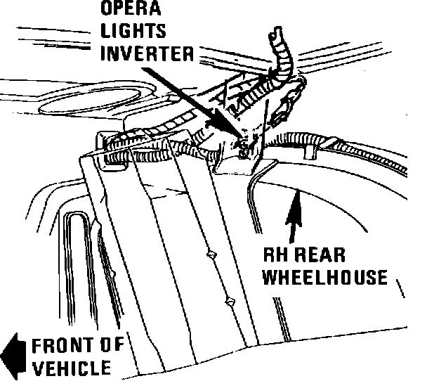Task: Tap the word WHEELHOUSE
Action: [x=324, y=277]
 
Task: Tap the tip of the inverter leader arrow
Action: [x=242, y=138]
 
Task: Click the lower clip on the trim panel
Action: [x=228, y=302]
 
